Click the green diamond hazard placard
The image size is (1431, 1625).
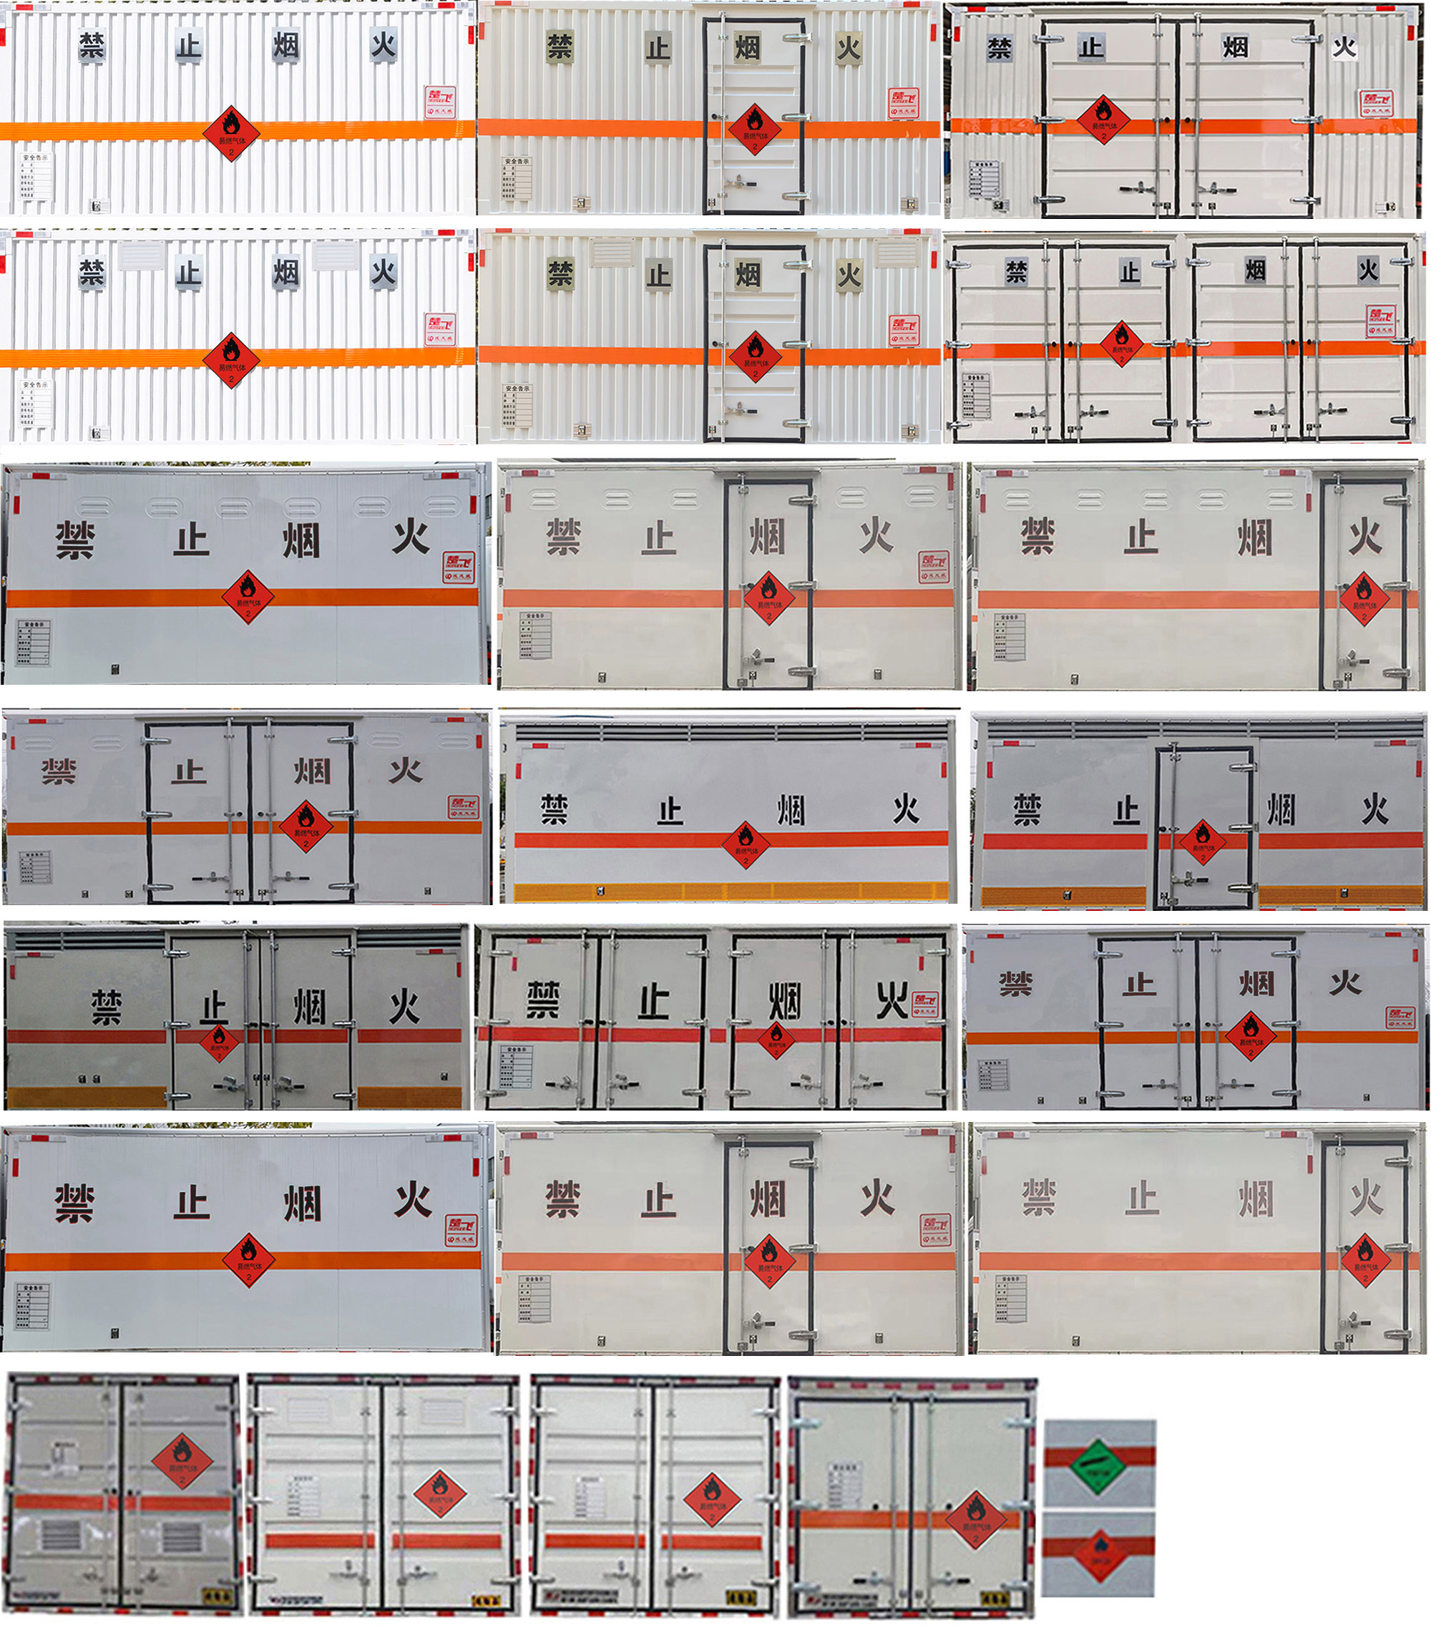(1100, 1465)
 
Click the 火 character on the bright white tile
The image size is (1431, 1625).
(1344, 47)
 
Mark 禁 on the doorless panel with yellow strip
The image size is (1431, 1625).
(554, 809)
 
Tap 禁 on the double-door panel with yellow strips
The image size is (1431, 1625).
(107, 1007)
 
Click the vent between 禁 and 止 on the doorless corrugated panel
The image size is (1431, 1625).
(141, 256)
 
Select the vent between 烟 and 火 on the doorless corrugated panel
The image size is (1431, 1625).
(335, 256)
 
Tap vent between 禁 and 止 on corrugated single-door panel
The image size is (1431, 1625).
(612, 253)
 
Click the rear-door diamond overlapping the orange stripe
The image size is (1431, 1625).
(975, 1520)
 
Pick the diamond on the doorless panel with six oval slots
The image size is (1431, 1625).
(248, 596)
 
